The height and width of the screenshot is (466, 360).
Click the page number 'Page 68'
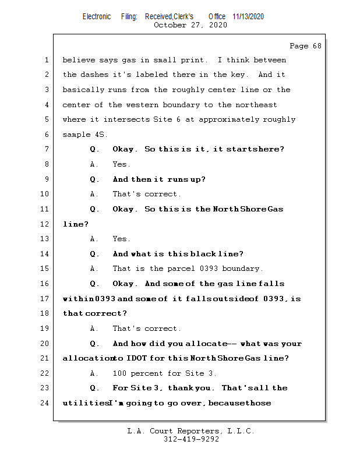click(305, 46)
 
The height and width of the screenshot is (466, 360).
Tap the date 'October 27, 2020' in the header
click(190, 25)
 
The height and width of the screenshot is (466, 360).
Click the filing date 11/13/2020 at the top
click(248, 17)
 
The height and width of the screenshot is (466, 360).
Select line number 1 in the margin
click(46, 60)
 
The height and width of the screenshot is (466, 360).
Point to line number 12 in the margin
click(44, 224)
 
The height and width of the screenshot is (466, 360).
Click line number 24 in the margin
click(44, 403)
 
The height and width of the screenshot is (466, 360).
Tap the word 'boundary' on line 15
click(243, 269)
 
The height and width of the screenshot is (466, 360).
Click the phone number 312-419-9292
click(190, 439)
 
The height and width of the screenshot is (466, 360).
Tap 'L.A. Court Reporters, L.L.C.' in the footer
click(190, 431)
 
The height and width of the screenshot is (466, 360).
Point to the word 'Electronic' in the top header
click(97, 17)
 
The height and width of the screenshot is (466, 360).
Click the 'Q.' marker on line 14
click(95, 254)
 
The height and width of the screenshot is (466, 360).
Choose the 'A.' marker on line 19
click(95, 329)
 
